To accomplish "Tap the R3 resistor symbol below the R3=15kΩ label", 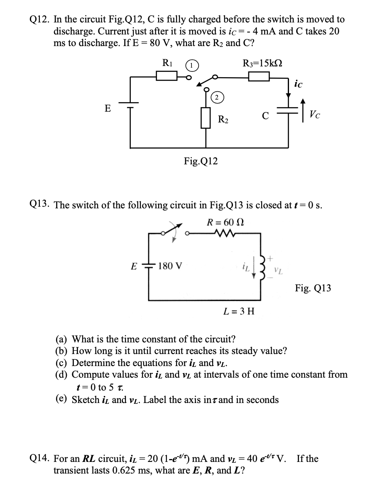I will pos(259,76).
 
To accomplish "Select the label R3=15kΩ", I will pos(262,63).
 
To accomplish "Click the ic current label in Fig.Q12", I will pos(298,85).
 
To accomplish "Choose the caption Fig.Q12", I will pos(201,161).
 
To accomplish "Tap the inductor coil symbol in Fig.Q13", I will pos(261,266).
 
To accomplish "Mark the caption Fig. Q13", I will pos(313,288).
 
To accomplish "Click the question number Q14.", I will pos(40,459).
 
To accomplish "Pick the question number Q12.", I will pos(40,20).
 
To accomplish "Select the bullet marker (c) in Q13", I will pos(62,363).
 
